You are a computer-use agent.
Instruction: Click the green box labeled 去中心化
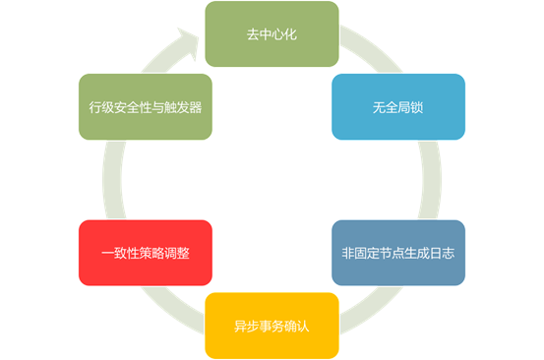[x=272, y=34]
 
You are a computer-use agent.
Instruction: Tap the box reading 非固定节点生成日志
[x=397, y=253]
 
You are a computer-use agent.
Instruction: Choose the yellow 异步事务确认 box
[x=272, y=325]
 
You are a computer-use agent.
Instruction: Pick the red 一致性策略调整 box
[x=145, y=253]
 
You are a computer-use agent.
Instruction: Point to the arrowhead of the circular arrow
[x=183, y=38]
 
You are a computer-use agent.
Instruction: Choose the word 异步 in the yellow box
[x=246, y=325]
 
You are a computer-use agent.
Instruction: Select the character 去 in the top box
[x=253, y=34]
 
